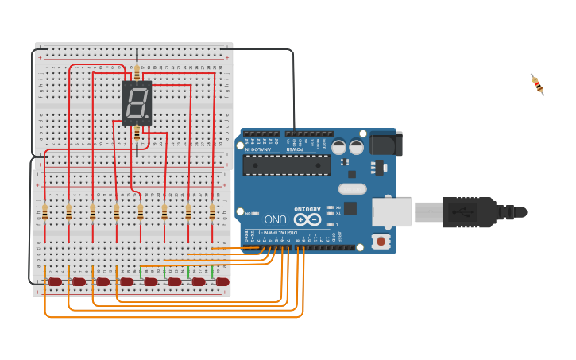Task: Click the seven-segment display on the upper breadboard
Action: pyautogui.click(x=137, y=103)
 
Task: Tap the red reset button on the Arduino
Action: pyautogui.click(x=381, y=240)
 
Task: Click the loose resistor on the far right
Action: pyautogui.click(x=538, y=84)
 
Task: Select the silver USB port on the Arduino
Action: pyautogui.click(x=392, y=212)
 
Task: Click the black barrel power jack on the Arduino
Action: pyautogui.click(x=385, y=143)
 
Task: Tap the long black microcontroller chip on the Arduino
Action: pyautogui.click(x=286, y=165)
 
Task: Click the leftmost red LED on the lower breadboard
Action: pyautogui.click(x=55, y=281)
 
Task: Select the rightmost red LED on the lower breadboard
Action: pyautogui.click(x=222, y=281)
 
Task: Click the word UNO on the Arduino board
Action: pyautogui.click(x=275, y=219)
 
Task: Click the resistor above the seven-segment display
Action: pyautogui.click(x=137, y=72)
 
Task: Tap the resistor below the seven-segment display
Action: pyautogui.click(x=137, y=134)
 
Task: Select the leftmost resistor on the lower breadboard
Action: pyautogui.click(x=44, y=212)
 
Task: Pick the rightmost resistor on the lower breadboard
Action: pyautogui.click(x=212, y=212)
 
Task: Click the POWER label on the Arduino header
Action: pyautogui.click(x=295, y=149)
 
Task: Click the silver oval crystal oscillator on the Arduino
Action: pyautogui.click(x=352, y=189)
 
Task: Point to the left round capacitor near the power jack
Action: pyautogui.click(x=338, y=147)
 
